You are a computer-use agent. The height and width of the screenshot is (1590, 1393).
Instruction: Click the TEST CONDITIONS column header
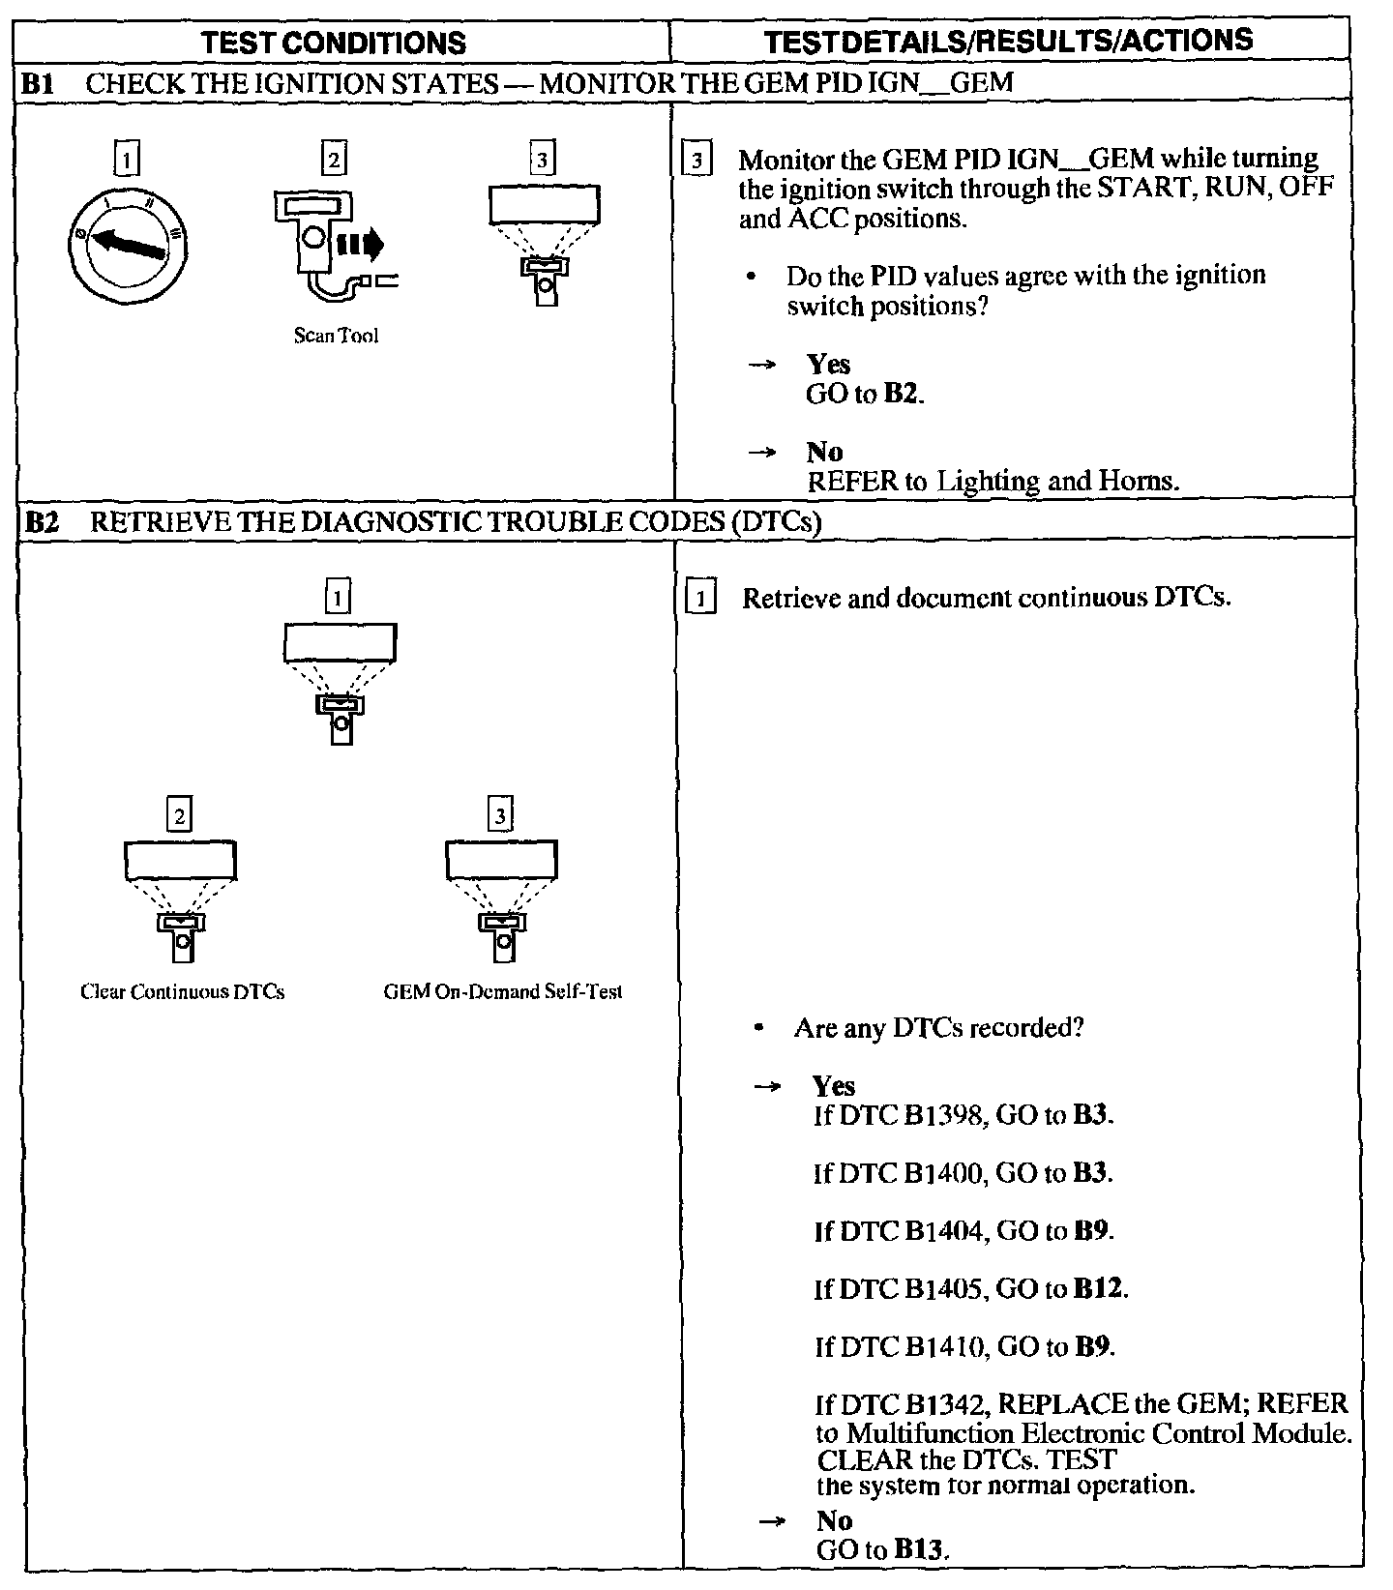[x=335, y=43]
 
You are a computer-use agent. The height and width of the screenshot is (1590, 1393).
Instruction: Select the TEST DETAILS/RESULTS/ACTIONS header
[x=1008, y=41]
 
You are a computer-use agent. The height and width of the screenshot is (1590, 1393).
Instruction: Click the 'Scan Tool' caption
[x=336, y=336]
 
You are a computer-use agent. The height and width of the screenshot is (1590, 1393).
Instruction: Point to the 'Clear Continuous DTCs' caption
[x=183, y=991]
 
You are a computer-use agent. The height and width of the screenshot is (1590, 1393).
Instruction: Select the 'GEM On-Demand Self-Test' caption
[x=503, y=991]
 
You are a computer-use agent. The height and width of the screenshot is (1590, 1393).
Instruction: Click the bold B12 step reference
[x=1100, y=1289]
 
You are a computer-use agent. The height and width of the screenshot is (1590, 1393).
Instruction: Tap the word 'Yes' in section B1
[x=828, y=365]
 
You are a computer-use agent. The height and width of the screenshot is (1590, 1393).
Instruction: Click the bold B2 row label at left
[x=41, y=523]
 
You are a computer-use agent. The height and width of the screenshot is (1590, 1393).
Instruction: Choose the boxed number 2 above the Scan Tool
[x=334, y=159]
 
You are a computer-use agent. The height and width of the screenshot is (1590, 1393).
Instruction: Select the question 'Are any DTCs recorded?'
[x=938, y=1027]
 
